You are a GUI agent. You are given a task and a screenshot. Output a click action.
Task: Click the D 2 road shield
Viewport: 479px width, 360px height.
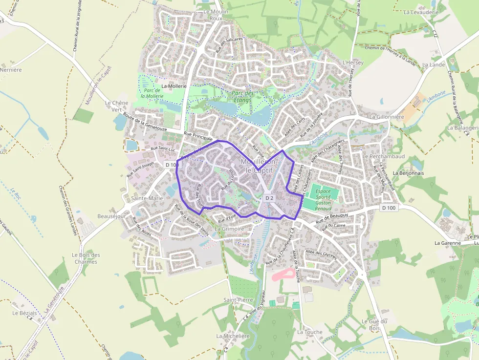269,198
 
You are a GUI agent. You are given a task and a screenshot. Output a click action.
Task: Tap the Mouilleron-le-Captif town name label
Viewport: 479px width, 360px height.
260,166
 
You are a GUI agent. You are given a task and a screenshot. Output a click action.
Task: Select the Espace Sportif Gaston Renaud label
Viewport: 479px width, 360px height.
323,200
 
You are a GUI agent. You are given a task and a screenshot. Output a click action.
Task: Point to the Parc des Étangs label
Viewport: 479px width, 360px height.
242,97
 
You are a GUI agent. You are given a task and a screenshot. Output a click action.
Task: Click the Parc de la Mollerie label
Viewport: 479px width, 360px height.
152,93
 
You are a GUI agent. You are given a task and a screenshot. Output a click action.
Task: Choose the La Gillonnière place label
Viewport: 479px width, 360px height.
387,117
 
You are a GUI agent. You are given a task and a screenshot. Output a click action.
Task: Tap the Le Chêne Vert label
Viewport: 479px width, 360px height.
116,106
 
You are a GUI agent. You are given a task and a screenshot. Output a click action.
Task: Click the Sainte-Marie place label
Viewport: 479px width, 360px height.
147,198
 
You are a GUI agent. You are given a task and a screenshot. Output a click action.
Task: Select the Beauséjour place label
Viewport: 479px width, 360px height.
111,216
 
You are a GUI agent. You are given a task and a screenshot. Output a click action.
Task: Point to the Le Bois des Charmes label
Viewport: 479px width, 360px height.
86,258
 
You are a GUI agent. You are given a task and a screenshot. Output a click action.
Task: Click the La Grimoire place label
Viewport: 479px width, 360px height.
229,229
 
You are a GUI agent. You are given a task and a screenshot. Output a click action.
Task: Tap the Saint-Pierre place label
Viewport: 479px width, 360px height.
238,299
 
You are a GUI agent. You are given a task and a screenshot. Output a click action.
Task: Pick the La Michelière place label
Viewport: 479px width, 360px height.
233,336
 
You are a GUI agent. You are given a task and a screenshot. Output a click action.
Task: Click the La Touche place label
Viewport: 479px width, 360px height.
310,332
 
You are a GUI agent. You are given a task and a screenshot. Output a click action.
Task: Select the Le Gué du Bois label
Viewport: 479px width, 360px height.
374,324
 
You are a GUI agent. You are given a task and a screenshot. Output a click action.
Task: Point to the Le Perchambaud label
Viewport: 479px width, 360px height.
384,156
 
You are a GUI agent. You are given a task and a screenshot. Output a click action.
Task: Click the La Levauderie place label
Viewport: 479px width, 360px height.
421,12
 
